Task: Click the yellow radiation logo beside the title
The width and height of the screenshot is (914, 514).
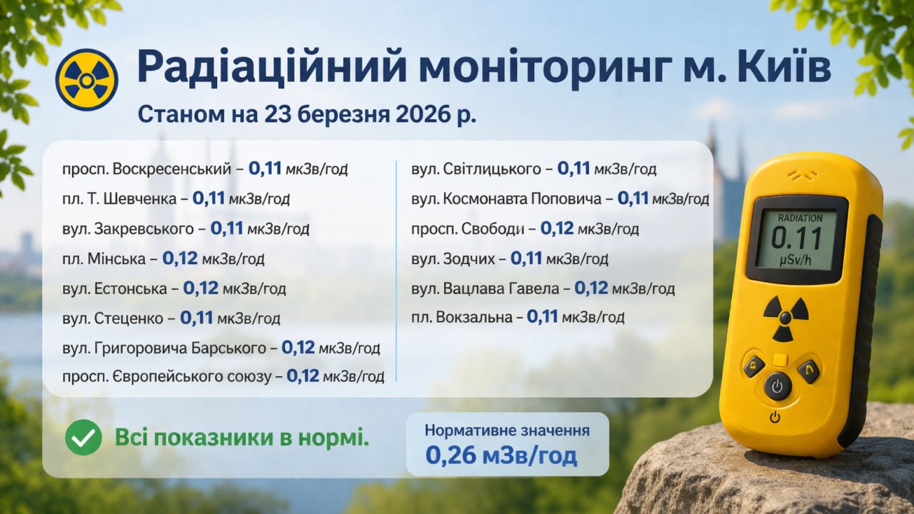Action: click(x=86, y=80)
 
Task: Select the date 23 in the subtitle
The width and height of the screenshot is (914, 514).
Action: click(x=278, y=115)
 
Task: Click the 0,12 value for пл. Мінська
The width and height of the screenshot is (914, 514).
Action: click(x=180, y=258)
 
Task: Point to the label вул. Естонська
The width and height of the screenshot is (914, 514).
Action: click(x=115, y=288)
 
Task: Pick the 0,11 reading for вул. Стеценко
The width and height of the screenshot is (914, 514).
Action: click(x=196, y=318)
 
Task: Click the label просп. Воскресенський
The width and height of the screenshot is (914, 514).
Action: click(x=146, y=169)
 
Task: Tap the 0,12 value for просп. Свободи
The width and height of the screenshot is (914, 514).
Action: click(x=557, y=229)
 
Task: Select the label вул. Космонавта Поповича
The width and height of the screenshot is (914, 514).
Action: click(x=506, y=198)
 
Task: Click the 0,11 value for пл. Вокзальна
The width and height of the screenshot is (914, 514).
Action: click(x=542, y=316)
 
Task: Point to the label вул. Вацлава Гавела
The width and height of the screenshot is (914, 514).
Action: click(x=485, y=288)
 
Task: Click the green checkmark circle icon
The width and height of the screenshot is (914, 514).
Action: click(x=84, y=438)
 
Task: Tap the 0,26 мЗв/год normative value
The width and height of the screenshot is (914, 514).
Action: click(x=501, y=455)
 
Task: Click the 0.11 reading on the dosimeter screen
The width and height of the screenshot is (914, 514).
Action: click(x=796, y=238)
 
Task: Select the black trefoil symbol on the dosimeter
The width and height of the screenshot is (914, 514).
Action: click(x=785, y=318)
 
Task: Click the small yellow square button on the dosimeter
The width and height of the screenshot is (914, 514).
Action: click(x=780, y=361)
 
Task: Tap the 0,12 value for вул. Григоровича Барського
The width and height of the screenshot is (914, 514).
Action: click(x=298, y=348)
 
